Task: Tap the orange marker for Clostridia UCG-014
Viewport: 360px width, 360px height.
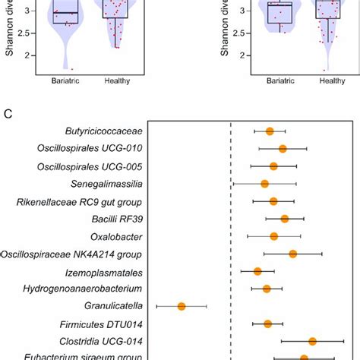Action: point(312,342)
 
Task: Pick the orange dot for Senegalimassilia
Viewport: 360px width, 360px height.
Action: point(264,184)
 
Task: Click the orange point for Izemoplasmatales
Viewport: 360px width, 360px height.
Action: point(257,271)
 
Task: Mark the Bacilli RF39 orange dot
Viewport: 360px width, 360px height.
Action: point(285,219)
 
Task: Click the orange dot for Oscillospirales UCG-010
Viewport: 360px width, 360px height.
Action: point(283,149)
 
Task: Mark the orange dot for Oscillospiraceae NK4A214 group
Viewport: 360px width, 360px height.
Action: point(292,254)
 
